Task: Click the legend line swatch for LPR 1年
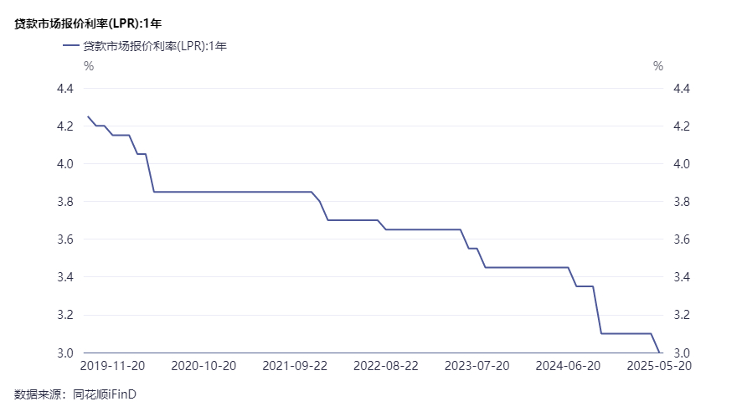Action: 70,46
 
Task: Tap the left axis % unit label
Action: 88,66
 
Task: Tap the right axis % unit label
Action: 658,66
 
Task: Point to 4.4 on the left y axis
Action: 65,89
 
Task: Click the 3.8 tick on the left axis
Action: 65,202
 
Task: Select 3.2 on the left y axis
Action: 65,315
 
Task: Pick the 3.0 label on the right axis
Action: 681,353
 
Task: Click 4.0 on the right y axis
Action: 681,164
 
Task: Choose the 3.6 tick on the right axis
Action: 681,239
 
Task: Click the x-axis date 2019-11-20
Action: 112,366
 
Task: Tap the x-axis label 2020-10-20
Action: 204,366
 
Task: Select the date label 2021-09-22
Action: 294,366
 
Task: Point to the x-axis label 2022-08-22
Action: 385,366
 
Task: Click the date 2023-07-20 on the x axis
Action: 477,366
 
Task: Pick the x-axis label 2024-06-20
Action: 568,366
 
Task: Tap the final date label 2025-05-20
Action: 659,366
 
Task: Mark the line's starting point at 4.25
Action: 88,116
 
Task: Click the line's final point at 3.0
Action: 659,352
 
